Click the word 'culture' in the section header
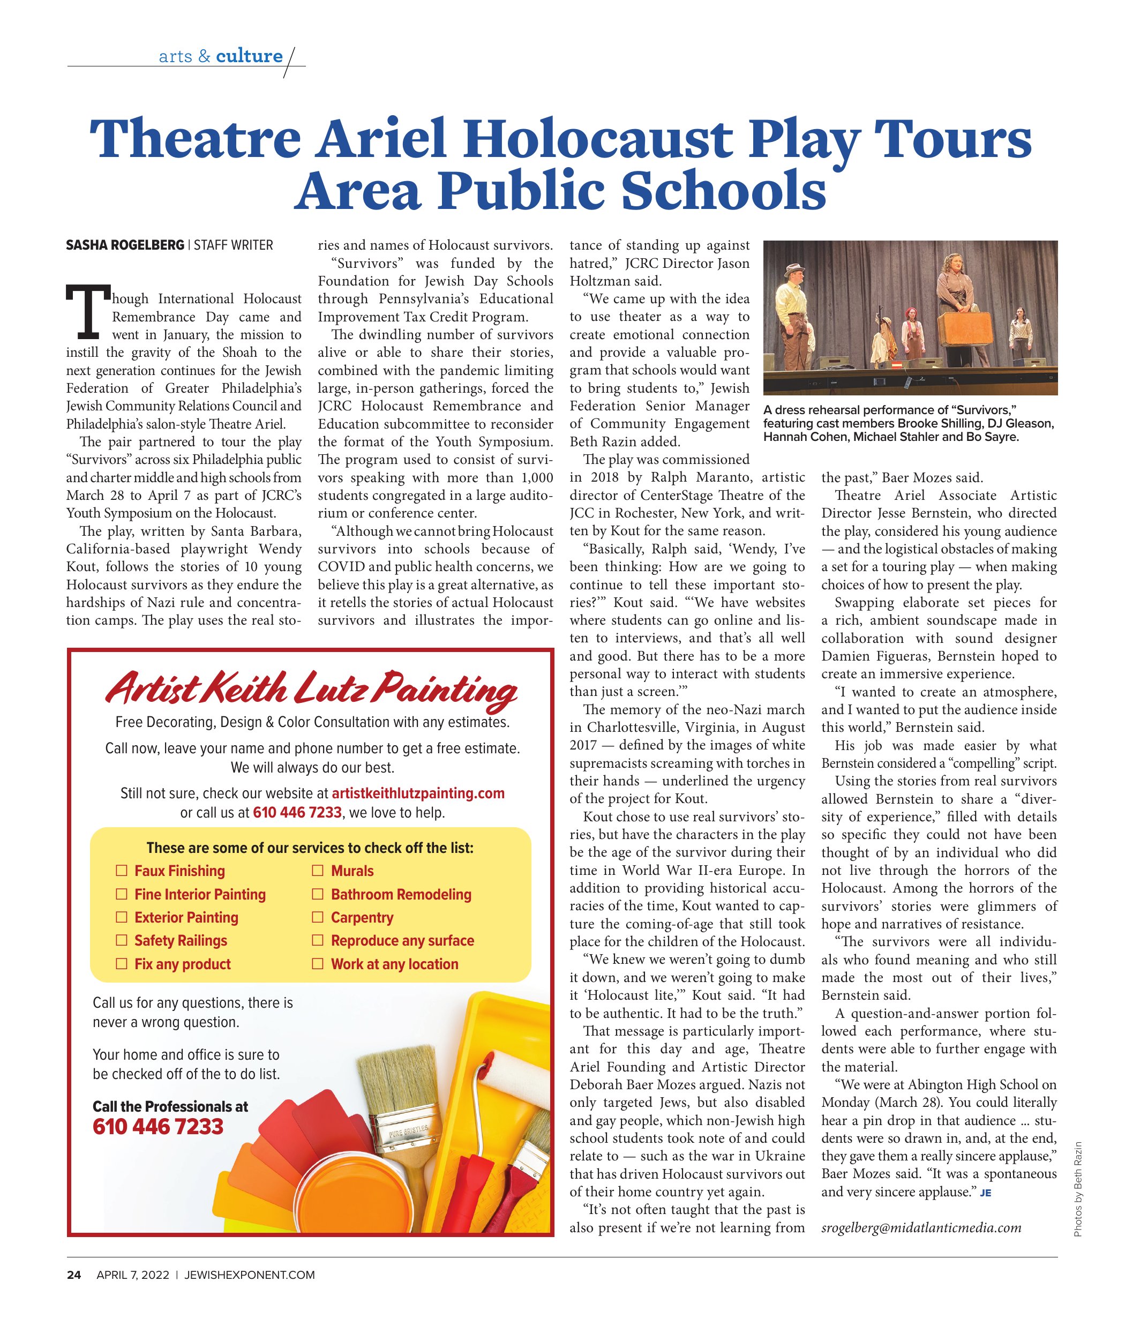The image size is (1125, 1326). pyautogui.click(x=249, y=56)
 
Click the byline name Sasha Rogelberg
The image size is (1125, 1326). pyautogui.click(x=125, y=245)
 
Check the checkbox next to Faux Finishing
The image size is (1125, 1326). pyautogui.click(x=121, y=871)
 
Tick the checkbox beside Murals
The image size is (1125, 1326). pyautogui.click(x=317, y=871)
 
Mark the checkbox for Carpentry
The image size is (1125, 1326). pyautogui.click(x=317, y=917)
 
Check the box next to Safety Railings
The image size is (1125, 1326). pyautogui.click(x=121, y=940)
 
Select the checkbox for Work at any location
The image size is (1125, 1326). pyautogui.click(x=317, y=964)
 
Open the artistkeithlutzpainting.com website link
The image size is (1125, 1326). pyautogui.click(x=418, y=793)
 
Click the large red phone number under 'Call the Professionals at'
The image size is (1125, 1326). pyautogui.click(x=157, y=1127)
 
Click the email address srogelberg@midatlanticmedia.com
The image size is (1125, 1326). pyautogui.click(x=921, y=1228)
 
